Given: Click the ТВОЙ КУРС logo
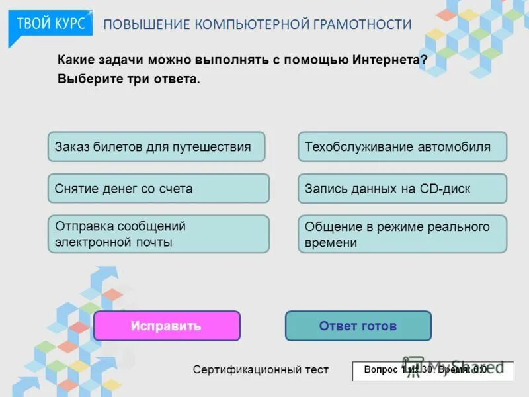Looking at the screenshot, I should click(50, 24).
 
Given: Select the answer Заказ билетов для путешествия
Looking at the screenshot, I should click(156, 147).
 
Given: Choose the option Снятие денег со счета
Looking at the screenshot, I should click(158, 189).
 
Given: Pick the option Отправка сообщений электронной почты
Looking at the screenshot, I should click(158, 234).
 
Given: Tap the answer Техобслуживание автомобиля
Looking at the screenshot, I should click(402, 147).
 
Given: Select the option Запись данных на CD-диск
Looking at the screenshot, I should click(402, 189).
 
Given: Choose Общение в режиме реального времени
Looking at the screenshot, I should click(402, 234).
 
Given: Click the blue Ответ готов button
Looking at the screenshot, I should click(358, 326).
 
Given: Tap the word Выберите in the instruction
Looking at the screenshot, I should click(87, 79).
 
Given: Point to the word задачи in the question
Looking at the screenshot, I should click(120, 60).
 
